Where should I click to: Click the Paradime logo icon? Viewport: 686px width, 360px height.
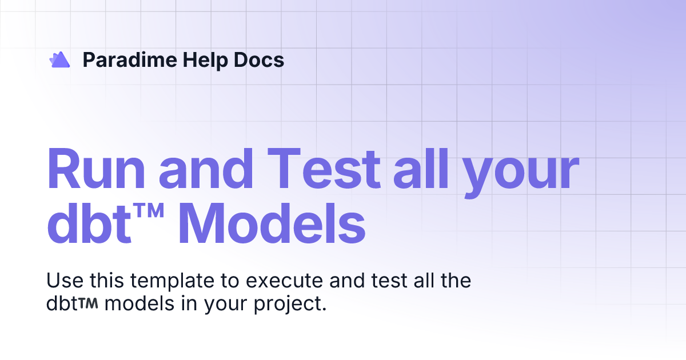tap(59, 59)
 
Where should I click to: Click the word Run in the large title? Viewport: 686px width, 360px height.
tap(96, 170)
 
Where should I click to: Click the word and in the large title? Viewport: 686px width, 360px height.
tap(206, 170)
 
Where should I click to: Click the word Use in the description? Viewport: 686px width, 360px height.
tap(61, 281)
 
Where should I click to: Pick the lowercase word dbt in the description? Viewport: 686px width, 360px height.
tap(61, 303)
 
